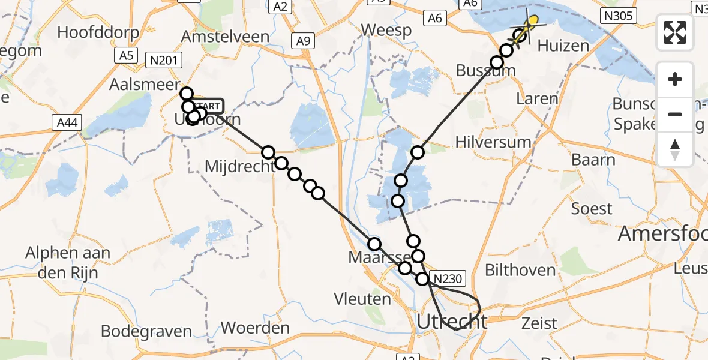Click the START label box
209,106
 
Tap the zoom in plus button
675,80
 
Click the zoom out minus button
675,114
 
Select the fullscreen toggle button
675,32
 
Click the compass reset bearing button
675,149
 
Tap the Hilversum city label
493,142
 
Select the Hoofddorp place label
99,32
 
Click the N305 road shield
618,16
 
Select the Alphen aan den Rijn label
67,262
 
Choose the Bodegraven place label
146,331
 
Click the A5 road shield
125,56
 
